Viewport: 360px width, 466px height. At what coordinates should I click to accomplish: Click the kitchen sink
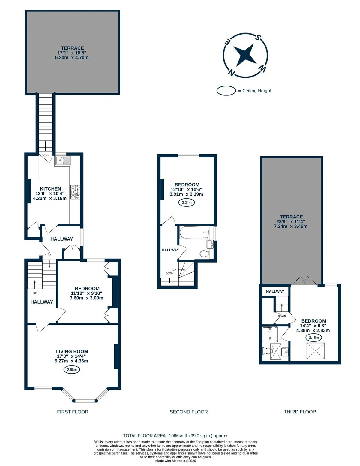(63, 160)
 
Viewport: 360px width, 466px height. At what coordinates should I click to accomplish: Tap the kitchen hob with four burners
(75, 192)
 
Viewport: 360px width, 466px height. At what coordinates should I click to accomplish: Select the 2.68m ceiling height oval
(72, 369)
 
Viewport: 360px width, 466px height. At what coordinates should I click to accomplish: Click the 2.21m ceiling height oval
(187, 203)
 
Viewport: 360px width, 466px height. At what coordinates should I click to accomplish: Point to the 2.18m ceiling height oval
(314, 337)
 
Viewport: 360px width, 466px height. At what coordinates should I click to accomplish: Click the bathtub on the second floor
(194, 233)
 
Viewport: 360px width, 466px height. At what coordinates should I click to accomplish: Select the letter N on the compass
(231, 73)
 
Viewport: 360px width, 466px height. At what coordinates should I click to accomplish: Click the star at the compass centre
(245, 55)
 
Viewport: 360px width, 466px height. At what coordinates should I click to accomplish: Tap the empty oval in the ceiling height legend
(226, 91)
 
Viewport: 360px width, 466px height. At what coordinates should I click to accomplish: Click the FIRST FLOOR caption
(73, 412)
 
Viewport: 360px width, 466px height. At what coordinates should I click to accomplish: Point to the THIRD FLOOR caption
(300, 412)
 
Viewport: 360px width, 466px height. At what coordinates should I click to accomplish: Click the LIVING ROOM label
(72, 351)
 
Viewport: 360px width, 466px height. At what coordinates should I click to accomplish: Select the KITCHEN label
(51, 189)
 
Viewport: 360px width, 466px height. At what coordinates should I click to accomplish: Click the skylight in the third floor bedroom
(316, 351)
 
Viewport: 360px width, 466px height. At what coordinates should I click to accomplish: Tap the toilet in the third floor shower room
(267, 351)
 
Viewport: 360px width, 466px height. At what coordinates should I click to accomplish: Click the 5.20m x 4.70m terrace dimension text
(72, 58)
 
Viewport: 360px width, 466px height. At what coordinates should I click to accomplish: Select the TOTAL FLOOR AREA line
(175, 436)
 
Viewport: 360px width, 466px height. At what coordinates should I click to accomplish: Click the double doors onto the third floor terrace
(304, 281)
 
